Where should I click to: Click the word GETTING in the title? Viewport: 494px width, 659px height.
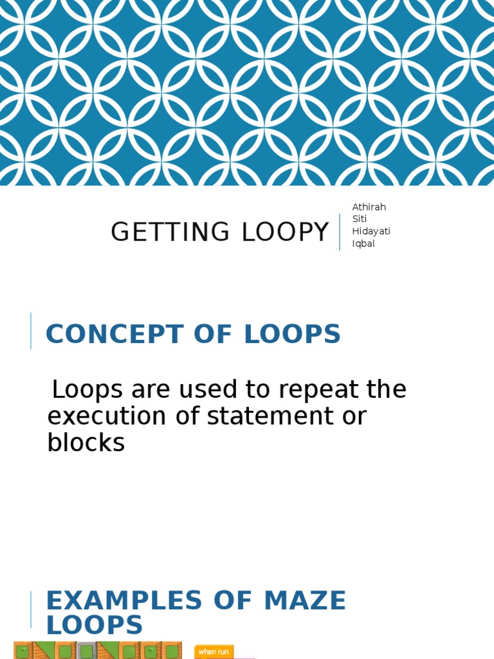tap(170, 232)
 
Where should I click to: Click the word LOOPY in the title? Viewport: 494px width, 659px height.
tap(285, 232)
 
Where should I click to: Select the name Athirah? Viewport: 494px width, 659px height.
tap(369, 207)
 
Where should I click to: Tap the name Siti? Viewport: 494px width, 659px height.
tap(359, 219)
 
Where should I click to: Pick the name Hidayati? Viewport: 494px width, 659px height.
tap(371, 231)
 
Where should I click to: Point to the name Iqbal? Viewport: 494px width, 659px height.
tap(363, 243)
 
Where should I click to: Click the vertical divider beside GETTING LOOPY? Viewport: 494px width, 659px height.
tap(340, 232)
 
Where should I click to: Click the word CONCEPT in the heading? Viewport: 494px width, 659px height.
tap(114, 334)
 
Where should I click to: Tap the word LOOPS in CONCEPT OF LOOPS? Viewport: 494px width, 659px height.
tap(292, 334)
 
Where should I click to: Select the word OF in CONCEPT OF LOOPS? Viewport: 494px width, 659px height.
tap(212, 334)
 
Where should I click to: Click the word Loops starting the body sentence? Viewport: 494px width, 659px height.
tap(87, 389)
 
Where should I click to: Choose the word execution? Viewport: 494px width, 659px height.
tap(107, 416)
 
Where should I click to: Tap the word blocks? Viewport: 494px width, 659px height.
tap(86, 443)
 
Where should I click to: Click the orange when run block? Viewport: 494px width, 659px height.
tap(214, 652)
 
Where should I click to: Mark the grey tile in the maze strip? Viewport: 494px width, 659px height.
tap(85, 650)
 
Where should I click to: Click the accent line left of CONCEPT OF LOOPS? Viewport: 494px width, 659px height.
tap(31, 331)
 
